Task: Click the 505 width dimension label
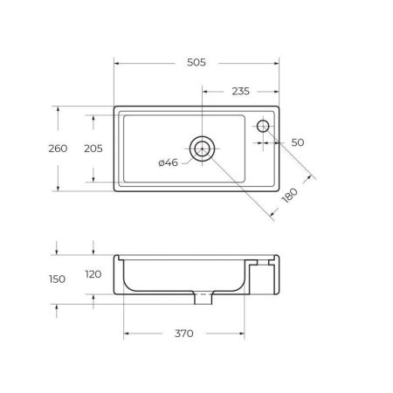tap(196, 63)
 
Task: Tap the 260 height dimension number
tap(58, 148)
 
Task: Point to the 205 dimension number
tap(92, 148)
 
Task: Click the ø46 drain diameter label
tap(169, 162)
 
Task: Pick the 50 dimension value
tap(298, 141)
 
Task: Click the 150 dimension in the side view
tap(58, 279)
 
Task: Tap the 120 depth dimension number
tap(93, 274)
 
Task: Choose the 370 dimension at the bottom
tap(183, 334)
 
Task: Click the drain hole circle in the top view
tap(203, 148)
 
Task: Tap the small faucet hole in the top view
tap(263, 127)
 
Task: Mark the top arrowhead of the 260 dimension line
tap(58, 109)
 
